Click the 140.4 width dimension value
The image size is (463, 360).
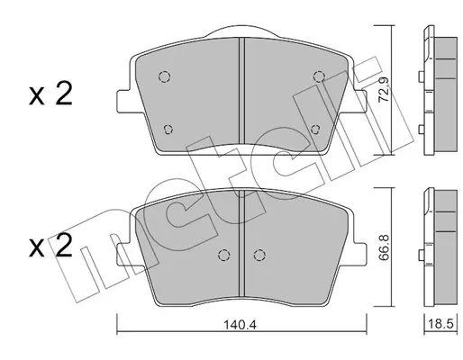point(241,325)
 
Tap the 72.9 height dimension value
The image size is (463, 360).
point(384,90)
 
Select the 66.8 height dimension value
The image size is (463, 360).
point(384,247)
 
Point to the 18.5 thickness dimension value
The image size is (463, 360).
point(440,324)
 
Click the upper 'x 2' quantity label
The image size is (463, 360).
point(50,94)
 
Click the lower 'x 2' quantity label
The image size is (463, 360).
point(50,246)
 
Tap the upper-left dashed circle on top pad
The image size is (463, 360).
point(165,76)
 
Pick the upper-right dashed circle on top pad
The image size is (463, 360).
point(319,76)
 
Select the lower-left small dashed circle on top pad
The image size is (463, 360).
point(168,130)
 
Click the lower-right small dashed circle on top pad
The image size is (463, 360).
point(315,130)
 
